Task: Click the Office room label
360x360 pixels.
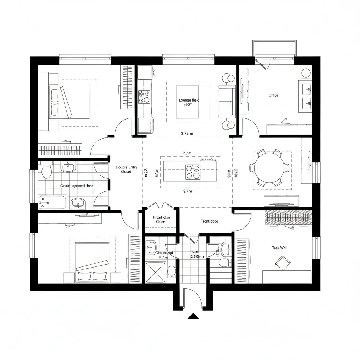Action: click(273, 95)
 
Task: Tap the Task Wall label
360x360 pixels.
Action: click(279, 248)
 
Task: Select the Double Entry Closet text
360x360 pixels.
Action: click(127, 169)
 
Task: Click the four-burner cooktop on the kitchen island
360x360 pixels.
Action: click(193, 172)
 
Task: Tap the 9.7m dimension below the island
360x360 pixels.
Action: click(187, 192)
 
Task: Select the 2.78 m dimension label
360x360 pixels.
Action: click(187, 133)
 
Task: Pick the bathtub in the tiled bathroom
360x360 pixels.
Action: click(52, 202)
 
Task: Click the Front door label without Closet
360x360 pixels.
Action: click(209, 221)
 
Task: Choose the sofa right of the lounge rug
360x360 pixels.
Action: click(227, 102)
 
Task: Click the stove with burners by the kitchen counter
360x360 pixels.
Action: click(144, 97)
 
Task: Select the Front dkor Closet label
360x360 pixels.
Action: click(162, 219)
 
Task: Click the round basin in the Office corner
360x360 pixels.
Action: click(306, 73)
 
